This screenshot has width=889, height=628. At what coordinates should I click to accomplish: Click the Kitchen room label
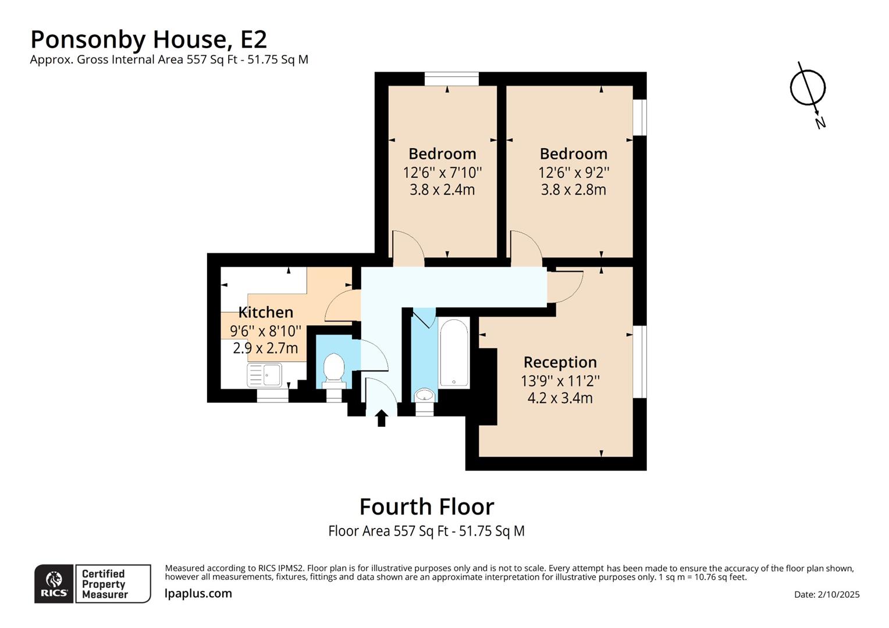click(x=265, y=312)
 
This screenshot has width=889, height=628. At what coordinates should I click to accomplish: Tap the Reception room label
click(x=560, y=362)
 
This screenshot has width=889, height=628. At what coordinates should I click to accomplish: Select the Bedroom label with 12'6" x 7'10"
click(x=442, y=154)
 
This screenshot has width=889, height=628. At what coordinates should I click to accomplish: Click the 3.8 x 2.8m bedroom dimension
click(x=573, y=190)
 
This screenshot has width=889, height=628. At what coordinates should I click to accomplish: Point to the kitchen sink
click(x=265, y=374)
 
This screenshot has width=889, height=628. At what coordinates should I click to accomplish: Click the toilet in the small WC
click(x=333, y=369)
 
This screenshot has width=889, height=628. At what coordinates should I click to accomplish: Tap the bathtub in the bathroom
click(x=454, y=353)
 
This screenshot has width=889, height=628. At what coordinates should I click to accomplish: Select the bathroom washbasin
click(x=425, y=396)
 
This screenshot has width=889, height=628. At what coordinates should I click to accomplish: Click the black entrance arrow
click(x=382, y=418)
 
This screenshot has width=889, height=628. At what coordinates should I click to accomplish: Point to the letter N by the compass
click(x=820, y=123)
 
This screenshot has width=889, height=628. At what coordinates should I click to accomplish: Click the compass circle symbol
click(x=808, y=88)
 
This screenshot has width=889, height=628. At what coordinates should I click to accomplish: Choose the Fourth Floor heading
click(x=426, y=506)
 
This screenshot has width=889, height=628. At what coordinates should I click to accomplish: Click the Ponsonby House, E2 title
click(x=148, y=40)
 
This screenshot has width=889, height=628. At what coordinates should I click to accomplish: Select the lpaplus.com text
click(x=198, y=594)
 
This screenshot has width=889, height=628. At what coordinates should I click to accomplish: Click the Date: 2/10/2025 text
click(x=826, y=594)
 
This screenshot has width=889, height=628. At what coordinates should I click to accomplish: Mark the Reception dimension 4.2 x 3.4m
click(x=560, y=398)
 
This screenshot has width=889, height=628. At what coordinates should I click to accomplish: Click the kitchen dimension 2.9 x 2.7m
click(x=265, y=348)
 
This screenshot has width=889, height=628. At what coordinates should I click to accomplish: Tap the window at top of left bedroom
click(x=451, y=78)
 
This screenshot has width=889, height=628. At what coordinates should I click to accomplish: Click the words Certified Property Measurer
click(x=104, y=584)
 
